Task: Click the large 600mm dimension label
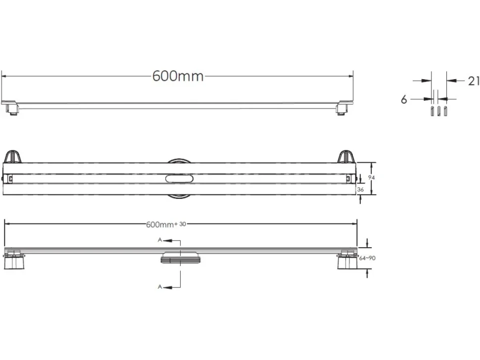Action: click(x=178, y=76)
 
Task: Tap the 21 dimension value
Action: click(x=474, y=81)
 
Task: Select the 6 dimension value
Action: click(x=404, y=99)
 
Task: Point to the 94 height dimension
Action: click(x=371, y=178)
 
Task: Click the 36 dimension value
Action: click(x=360, y=189)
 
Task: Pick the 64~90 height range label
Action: click(x=367, y=258)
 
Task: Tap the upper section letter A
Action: click(x=160, y=240)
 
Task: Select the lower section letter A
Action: click(x=160, y=287)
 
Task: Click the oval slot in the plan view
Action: click(x=180, y=179)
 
